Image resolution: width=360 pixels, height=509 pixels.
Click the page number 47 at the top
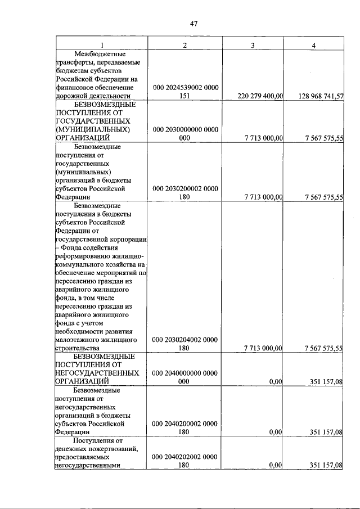coord(193,23)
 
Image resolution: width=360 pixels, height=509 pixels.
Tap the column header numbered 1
coord(102,45)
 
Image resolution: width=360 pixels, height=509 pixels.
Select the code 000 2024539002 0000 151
coord(186,92)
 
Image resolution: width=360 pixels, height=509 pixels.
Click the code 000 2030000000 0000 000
coord(186,133)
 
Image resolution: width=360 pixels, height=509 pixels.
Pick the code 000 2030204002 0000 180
coord(186,344)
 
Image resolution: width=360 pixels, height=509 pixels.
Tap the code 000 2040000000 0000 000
coord(186,377)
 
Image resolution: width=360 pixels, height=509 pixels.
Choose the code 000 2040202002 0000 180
coord(186,461)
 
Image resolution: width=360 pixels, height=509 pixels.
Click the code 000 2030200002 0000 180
coord(186,193)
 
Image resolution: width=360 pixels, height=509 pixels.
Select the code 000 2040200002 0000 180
coord(186,427)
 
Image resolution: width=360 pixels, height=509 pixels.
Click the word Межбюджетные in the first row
coord(102,53)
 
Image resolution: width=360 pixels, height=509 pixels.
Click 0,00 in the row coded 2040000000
coord(275,382)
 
